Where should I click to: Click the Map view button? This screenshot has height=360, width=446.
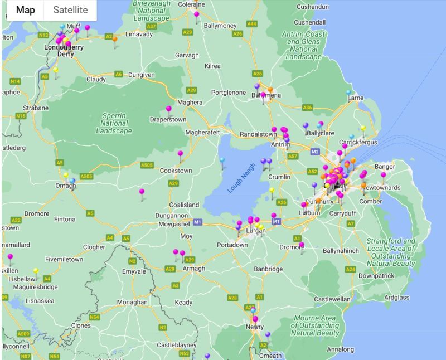point(25,10)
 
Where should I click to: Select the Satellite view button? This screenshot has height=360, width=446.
point(70,10)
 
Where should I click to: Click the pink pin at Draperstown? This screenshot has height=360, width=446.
point(168,109)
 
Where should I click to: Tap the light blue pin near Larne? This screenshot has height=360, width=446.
point(349,93)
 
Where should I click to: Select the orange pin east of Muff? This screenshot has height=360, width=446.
point(115,40)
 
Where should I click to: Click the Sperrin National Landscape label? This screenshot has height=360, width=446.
point(113,123)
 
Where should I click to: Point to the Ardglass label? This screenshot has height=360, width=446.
point(396,297)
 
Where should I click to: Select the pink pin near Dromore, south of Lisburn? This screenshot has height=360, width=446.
point(302,245)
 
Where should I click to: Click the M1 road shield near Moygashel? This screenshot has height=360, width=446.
point(197,222)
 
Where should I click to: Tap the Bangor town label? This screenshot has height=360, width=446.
point(385,166)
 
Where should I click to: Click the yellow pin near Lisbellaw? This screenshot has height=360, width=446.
point(36,272)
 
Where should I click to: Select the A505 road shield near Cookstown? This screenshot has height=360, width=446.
point(147,166)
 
